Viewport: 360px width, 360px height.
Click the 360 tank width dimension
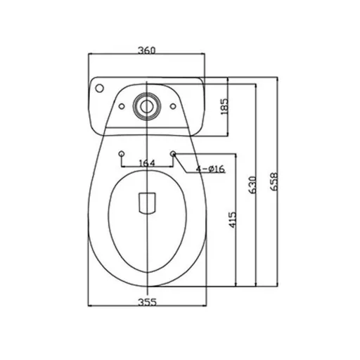coord(146,50)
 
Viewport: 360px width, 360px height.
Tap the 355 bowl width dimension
coord(147,302)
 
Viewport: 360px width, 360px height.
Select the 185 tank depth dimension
coord(224,106)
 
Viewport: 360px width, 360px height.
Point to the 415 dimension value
coord(232,220)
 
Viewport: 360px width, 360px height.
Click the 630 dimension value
coord(252,185)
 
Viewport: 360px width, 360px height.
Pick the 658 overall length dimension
coord(274,181)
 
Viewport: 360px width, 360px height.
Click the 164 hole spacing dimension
coord(147,163)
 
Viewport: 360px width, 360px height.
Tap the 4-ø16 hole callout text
coord(210,169)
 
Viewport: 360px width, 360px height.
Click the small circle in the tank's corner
coord(99,88)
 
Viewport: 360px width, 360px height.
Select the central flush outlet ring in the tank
coord(147,106)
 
